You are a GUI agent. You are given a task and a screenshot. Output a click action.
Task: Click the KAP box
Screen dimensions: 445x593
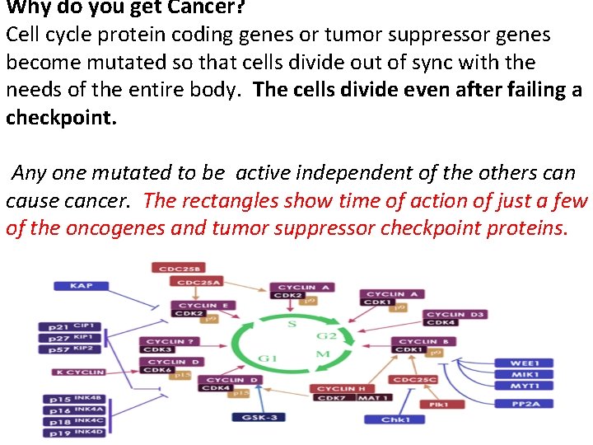(x=82, y=285)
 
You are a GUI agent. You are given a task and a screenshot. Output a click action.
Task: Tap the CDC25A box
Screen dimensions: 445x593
(x=197, y=282)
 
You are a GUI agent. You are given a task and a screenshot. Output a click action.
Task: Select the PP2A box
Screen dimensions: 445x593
(x=524, y=403)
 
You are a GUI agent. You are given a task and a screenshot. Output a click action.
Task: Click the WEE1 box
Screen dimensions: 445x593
(x=524, y=363)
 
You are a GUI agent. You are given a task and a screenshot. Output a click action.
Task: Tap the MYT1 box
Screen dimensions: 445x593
(x=524, y=386)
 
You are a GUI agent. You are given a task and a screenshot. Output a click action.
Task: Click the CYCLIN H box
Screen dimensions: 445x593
(x=341, y=388)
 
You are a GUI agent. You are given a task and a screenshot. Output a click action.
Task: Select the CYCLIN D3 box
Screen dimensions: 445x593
(x=455, y=314)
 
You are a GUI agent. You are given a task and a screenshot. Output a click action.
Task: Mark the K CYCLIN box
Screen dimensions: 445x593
(x=81, y=372)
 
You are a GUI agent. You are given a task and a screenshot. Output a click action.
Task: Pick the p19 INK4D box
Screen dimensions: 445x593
(x=74, y=432)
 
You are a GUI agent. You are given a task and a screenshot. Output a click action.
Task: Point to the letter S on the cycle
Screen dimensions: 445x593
(x=292, y=324)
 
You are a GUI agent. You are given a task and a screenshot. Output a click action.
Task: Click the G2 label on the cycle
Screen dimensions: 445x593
(x=327, y=335)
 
